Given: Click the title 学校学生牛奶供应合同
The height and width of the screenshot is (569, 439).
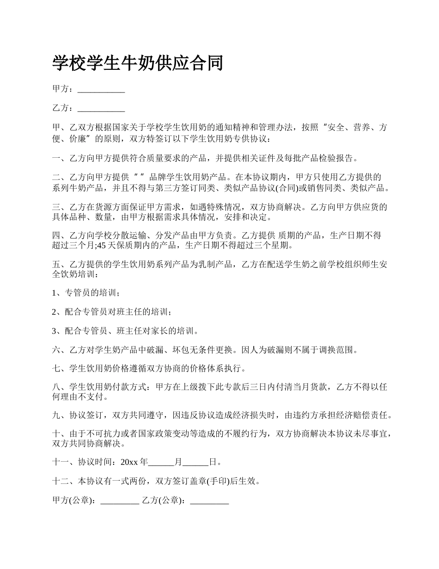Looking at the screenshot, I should (x=138, y=63).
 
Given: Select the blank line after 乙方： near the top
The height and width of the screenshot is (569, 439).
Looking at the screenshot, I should (x=101, y=109).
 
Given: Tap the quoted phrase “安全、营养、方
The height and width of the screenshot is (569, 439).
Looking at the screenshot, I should (x=350, y=128).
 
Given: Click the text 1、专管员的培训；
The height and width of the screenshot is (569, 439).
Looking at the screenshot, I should (x=87, y=293).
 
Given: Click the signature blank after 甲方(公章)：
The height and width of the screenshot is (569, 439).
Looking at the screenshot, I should (x=120, y=501).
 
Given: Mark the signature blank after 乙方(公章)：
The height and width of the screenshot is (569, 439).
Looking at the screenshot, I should (x=209, y=501).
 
